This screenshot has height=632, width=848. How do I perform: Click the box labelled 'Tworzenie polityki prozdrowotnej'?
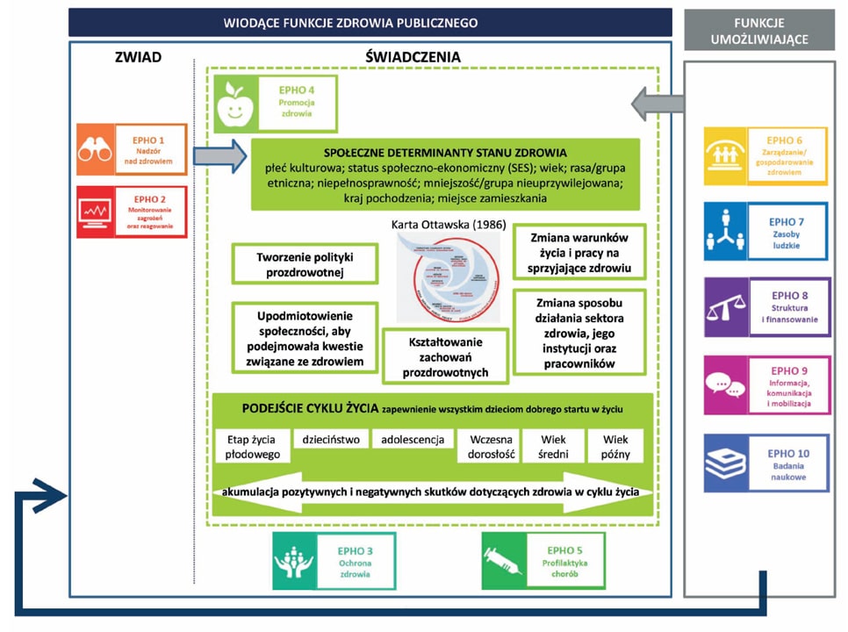(305, 263)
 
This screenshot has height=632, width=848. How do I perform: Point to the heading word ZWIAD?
(138, 58)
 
